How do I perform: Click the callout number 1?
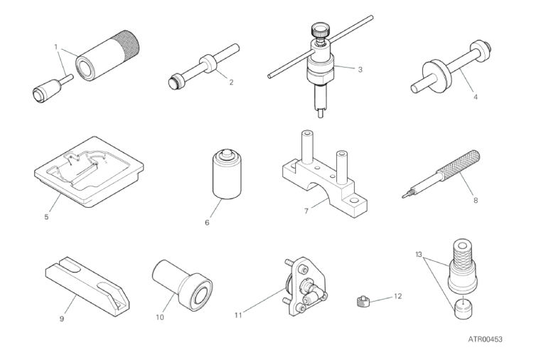(55, 46)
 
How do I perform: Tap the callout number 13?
(419, 255)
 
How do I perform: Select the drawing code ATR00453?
(485, 339)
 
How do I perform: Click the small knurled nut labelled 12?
(362, 301)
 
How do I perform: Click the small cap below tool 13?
(463, 308)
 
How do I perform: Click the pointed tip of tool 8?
(404, 196)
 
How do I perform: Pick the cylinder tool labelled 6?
(227, 174)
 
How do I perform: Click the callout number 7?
(306, 211)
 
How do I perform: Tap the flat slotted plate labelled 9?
(87, 287)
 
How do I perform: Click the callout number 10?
(160, 317)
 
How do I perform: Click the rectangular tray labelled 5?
(89, 172)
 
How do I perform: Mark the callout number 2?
(231, 83)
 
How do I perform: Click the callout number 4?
(476, 97)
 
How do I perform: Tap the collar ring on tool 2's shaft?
(208, 63)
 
